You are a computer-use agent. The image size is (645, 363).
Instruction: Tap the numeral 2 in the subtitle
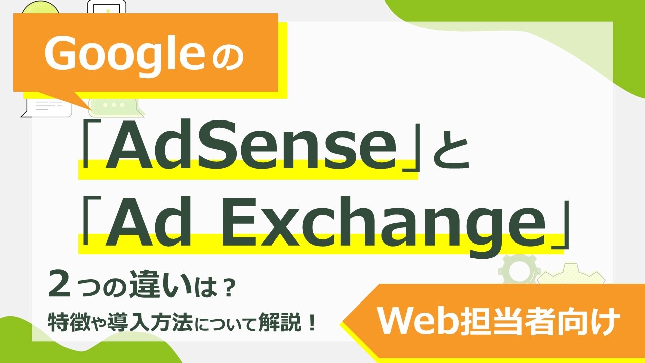click(x=59, y=284)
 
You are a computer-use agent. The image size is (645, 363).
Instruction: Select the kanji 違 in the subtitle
click(x=147, y=284)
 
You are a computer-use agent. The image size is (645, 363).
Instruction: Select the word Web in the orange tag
click(x=418, y=322)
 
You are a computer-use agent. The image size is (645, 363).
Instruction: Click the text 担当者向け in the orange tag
click(x=540, y=322)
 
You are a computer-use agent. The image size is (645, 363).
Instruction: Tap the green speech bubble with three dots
click(x=115, y=106)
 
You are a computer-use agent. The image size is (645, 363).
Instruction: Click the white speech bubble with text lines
click(x=47, y=106)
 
